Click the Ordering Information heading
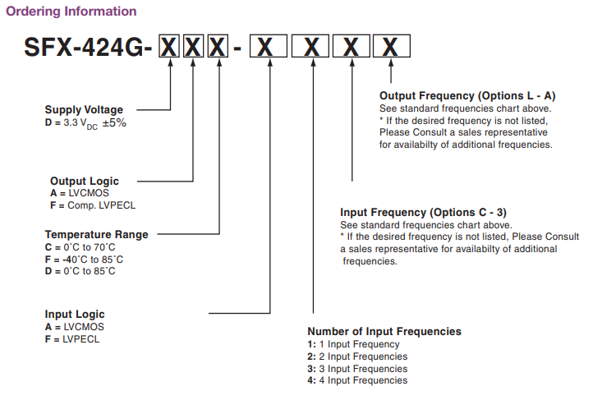click(71, 11)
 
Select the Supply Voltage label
click(84, 110)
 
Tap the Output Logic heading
click(85, 181)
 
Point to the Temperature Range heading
click(97, 234)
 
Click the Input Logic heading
click(75, 314)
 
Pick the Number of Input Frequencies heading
click(384, 332)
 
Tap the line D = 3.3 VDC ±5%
click(85, 122)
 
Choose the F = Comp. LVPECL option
click(90, 205)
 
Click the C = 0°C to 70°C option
click(80, 246)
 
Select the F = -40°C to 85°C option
click(85, 259)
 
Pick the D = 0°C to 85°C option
click(80, 271)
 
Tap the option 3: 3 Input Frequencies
click(357, 369)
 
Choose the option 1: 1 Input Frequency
click(354, 344)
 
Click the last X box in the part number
click(393, 48)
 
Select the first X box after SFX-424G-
click(169, 48)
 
